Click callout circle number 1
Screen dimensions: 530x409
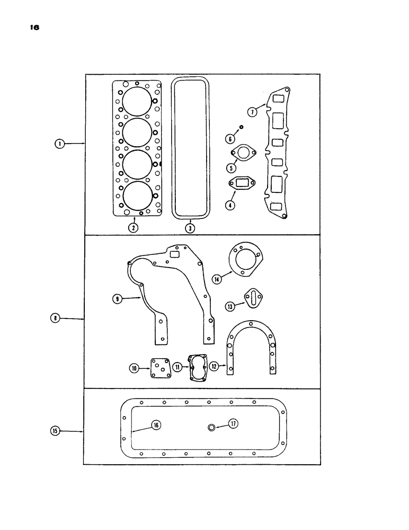pyautogui.click(x=60, y=143)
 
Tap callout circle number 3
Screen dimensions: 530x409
pyautogui.click(x=190, y=228)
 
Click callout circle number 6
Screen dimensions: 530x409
pyautogui.click(x=230, y=139)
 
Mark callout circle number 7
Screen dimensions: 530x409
pyautogui.click(x=253, y=111)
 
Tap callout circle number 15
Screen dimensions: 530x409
pyautogui.click(x=56, y=431)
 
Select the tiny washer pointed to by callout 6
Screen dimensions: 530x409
pyautogui.click(x=241, y=127)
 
